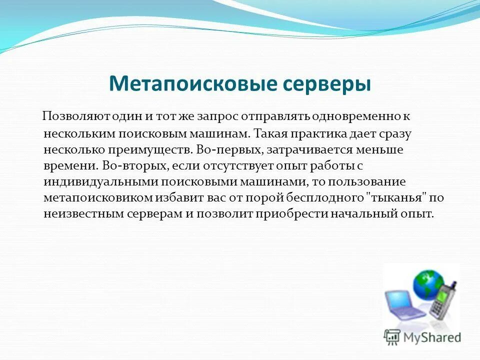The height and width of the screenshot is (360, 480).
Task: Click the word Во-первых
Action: click(229, 149)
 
